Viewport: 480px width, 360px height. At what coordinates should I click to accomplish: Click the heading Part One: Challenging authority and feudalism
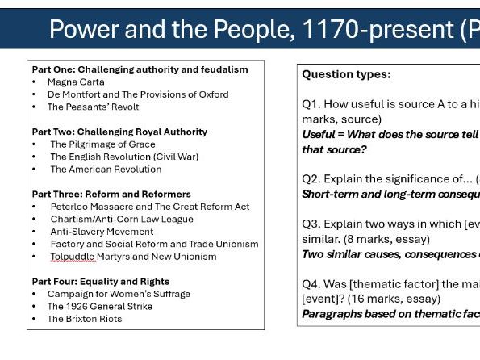(x=140, y=69)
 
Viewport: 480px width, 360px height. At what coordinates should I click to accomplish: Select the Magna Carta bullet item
(x=76, y=82)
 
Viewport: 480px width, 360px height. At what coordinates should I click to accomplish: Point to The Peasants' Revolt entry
(x=93, y=107)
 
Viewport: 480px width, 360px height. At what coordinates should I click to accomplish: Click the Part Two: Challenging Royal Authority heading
(x=119, y=132)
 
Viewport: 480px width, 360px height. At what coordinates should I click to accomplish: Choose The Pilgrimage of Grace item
(x=102, y=144)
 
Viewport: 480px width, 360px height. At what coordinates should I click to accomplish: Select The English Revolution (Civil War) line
(x=124, y=157)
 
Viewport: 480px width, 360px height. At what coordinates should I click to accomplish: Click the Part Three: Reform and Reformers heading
(x=111, y=194)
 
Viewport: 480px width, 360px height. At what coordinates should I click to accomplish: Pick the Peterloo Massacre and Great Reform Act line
(x=150, y=207)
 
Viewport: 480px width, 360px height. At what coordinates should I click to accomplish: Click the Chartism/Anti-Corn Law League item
(x=122, y=219)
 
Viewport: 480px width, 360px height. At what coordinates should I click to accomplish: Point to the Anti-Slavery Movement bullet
(x=102, y=232)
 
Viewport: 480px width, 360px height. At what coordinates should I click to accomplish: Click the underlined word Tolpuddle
(x=73, y=257)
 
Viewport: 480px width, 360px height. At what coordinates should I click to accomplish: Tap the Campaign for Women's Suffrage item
(x=119, y=294)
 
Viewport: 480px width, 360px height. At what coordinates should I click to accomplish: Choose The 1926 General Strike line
(x=100, y=307)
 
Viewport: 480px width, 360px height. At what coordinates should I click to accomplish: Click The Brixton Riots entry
(x=85, y=319)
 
